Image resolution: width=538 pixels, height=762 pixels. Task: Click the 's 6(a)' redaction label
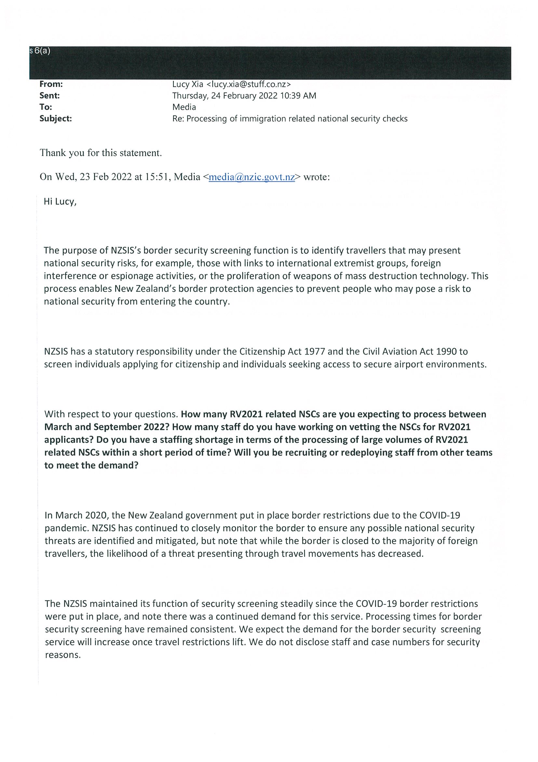[x=40, y=51]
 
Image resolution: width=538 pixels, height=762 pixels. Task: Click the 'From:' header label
[x=51, y=84]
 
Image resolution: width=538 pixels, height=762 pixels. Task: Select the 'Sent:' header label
[x=49, y=96]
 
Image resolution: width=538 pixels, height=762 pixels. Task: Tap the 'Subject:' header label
[x=55, y=119]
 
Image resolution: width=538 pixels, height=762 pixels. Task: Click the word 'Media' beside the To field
[x=184, y=107]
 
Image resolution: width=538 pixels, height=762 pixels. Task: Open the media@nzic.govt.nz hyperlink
[x=251, y=177]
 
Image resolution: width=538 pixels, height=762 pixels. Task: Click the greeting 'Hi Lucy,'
[x=60, y=202]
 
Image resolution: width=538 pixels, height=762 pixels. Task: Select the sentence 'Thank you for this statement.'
[x=101, y=153]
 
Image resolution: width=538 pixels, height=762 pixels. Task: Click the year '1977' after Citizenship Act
[x=316, y=351]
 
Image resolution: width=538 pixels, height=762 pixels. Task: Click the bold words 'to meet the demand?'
[x=91, y=465]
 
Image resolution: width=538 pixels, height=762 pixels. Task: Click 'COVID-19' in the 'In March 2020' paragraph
[x=439, y=515]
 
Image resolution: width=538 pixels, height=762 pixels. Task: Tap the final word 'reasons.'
[x=63, y=655]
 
